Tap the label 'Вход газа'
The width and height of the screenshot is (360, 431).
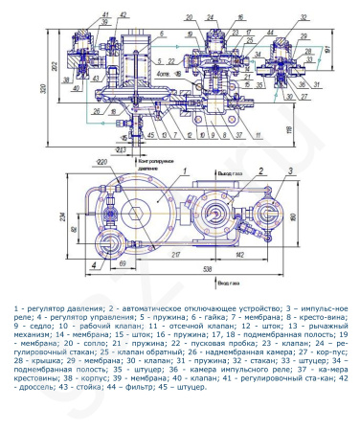(x=228, y=284)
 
